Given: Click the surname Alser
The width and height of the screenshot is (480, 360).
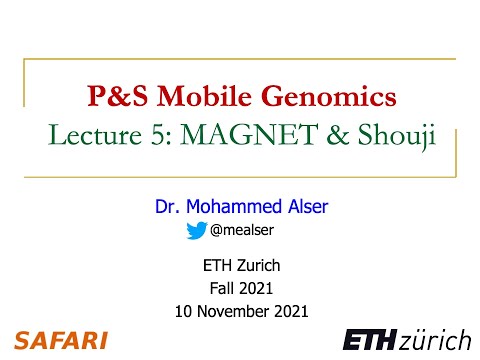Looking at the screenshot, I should (303, 207).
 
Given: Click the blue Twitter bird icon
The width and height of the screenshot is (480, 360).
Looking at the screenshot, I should (197, 230).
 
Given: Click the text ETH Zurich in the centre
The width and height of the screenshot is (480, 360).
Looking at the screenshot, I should (239, 265).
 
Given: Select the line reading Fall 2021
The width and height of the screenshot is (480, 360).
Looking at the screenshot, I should (239, 287).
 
